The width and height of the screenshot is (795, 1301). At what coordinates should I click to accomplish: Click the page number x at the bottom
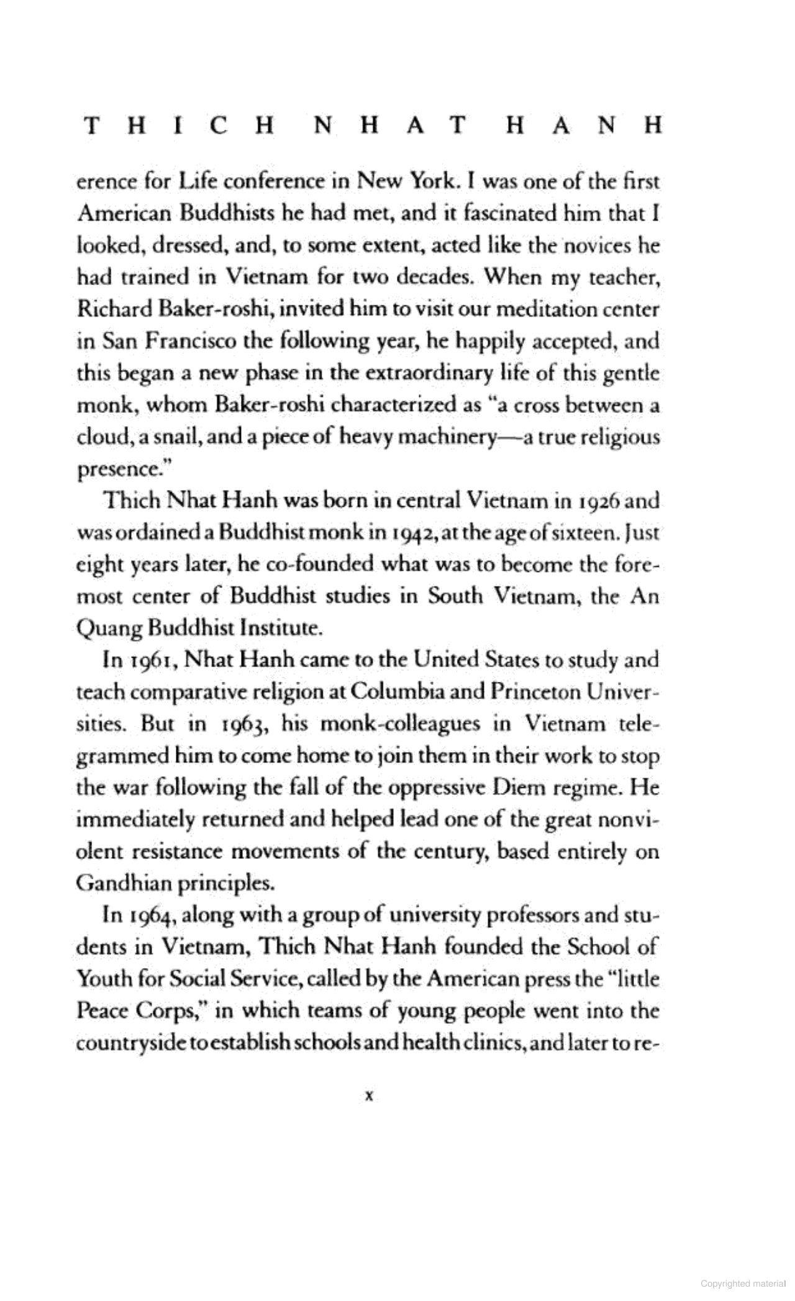tap(368, 1097)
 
